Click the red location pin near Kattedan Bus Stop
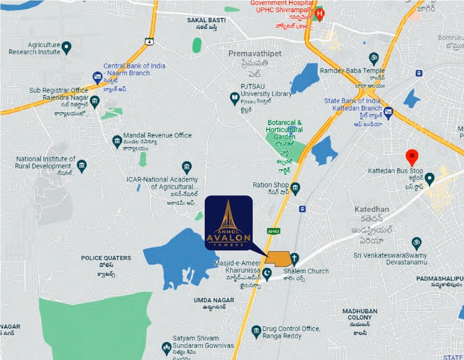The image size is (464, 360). [x=412, y=157]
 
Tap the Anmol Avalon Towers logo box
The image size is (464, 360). [x=229, y=222]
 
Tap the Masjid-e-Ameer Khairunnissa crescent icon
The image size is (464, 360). [x=267, y=273]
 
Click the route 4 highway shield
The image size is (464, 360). [x=149, y=41]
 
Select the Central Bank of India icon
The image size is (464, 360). [x=97, y=77]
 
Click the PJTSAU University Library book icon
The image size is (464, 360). [x=234, y=98]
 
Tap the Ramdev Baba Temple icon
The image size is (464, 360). [x=374, y=58]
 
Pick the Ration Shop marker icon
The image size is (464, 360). [x=295, y=187]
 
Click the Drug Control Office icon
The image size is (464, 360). [x=256, y=331]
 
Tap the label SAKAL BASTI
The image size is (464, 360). [x=206, y=20]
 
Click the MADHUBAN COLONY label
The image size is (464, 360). [x=360, y=314]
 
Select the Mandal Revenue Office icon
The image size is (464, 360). [x=117, y=141]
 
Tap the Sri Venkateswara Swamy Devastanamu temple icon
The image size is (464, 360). [x=416, y=242]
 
